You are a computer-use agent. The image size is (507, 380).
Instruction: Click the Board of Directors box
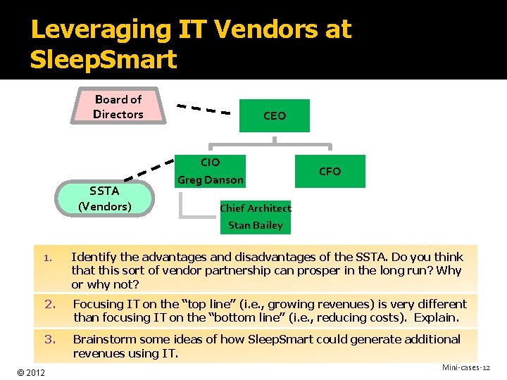(118, 107)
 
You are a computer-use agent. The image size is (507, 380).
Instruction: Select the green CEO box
(274, 115)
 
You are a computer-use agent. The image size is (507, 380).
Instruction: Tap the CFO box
(330, 171)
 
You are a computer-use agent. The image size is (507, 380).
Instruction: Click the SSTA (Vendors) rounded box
(105, 198)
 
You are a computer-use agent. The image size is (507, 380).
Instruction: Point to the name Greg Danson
(211, 180)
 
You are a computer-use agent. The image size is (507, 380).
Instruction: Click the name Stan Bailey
(255, 225)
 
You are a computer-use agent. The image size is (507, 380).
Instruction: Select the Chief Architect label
(255, 208)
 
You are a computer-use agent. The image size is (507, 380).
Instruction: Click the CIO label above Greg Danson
(210, 163)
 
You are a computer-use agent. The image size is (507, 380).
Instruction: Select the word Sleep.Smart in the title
(104, 60)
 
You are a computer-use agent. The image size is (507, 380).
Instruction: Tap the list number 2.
(50, 304)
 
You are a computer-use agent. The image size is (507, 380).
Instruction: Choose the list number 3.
(50, 339)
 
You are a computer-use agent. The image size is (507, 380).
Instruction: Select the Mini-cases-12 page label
(465, 368)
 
